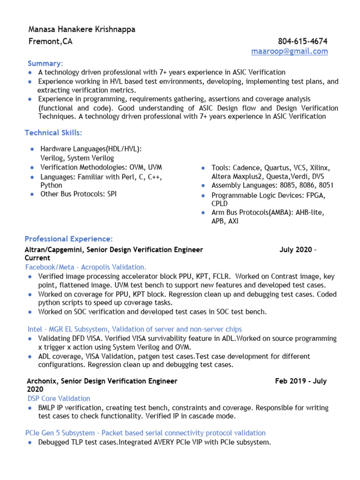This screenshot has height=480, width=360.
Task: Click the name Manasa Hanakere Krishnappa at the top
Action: point(82,30)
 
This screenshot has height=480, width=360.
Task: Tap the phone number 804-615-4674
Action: point(302,41)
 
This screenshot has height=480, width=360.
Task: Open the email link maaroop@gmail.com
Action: point(289,51)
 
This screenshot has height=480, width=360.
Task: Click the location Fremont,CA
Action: point(51,41)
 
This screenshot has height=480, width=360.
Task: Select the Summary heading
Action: point(45,63)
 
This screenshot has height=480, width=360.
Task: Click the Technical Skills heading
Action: point(53,133)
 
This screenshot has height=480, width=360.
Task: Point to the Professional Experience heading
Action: point(68,239)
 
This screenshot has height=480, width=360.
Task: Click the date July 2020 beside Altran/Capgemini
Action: point(296,250)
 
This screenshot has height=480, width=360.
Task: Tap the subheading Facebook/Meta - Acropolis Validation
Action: point(86,267)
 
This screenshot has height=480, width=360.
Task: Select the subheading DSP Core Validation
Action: point(59,398)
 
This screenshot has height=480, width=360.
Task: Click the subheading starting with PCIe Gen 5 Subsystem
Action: point(145,433)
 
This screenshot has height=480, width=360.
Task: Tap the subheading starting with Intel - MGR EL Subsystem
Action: point(135,329)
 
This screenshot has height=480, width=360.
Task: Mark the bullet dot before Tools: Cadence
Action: point(202,168)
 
